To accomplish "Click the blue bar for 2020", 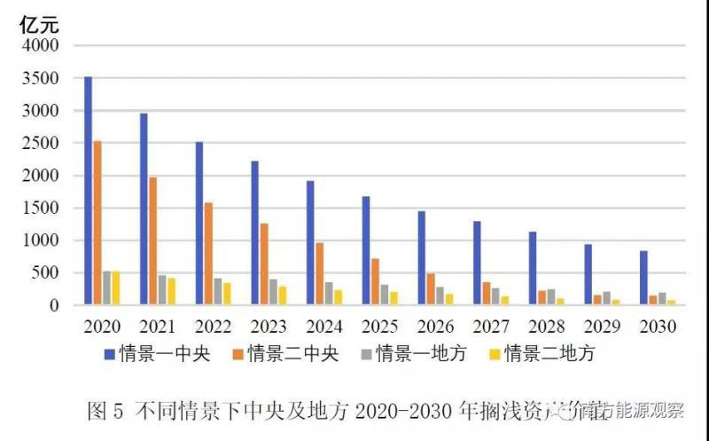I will pyautogui.click(x=88, y=191).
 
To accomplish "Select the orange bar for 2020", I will pyautogui.click(x=97, y=223).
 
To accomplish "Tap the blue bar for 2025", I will pyautogui.click(x=365, y=250).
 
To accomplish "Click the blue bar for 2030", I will pyautogui.click(x=643, y=278).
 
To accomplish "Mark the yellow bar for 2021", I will pyautogui.click(x=171, y=291).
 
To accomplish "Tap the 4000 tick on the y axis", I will pyautogui.click(x=41, y=46).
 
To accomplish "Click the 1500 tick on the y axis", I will pyautogui.click(x=41, y=209).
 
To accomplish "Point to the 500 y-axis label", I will pyautogui.click(x=46, y=273).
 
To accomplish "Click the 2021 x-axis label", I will pyautogui.click(x=157, y=327).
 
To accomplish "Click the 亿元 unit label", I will pyautogui.click(x=39, y=24).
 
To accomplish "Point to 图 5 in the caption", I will pyautogui.click(x=108, y=411).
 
